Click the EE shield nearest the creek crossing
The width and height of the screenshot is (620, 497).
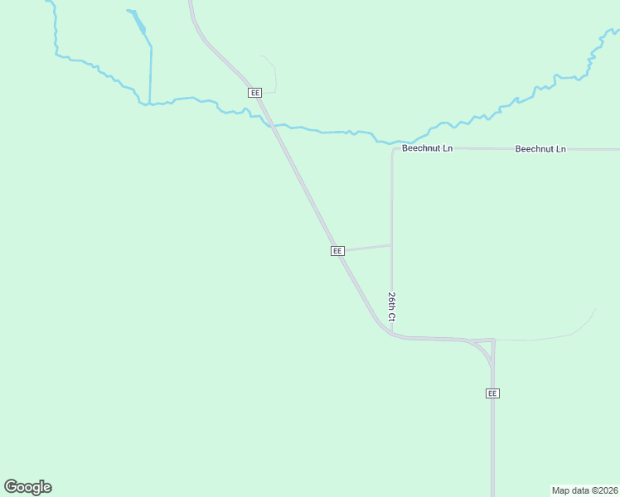click(254, 93)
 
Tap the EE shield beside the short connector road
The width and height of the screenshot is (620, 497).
click(337, 250)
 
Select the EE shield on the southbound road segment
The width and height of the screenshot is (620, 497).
click(492, 393)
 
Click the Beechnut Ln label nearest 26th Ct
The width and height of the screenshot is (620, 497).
click(427, 149)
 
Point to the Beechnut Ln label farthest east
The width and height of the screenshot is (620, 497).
click(540, 149)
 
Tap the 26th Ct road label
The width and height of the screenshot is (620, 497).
click(392, 306)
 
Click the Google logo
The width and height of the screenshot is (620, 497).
click(27, 487)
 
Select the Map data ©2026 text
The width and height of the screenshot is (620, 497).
click(584, 490)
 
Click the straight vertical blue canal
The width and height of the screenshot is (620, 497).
click(151, 75)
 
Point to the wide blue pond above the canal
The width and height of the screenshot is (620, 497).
click(137, 22)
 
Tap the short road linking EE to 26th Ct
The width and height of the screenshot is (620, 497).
click(366, 247)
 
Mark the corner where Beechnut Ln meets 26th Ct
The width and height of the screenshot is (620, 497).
click(393, 150)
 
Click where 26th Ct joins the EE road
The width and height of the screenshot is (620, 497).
click(392, 335)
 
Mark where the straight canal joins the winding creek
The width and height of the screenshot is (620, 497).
click(150, 104)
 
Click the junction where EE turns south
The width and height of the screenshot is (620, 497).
click(492, 341)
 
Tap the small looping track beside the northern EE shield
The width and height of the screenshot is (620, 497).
click(272, 75)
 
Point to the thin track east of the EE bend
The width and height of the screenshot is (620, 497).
click(547, 338)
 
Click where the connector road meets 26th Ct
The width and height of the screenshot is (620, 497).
click(391, 245)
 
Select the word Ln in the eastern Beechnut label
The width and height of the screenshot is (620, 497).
click(559, 149)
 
